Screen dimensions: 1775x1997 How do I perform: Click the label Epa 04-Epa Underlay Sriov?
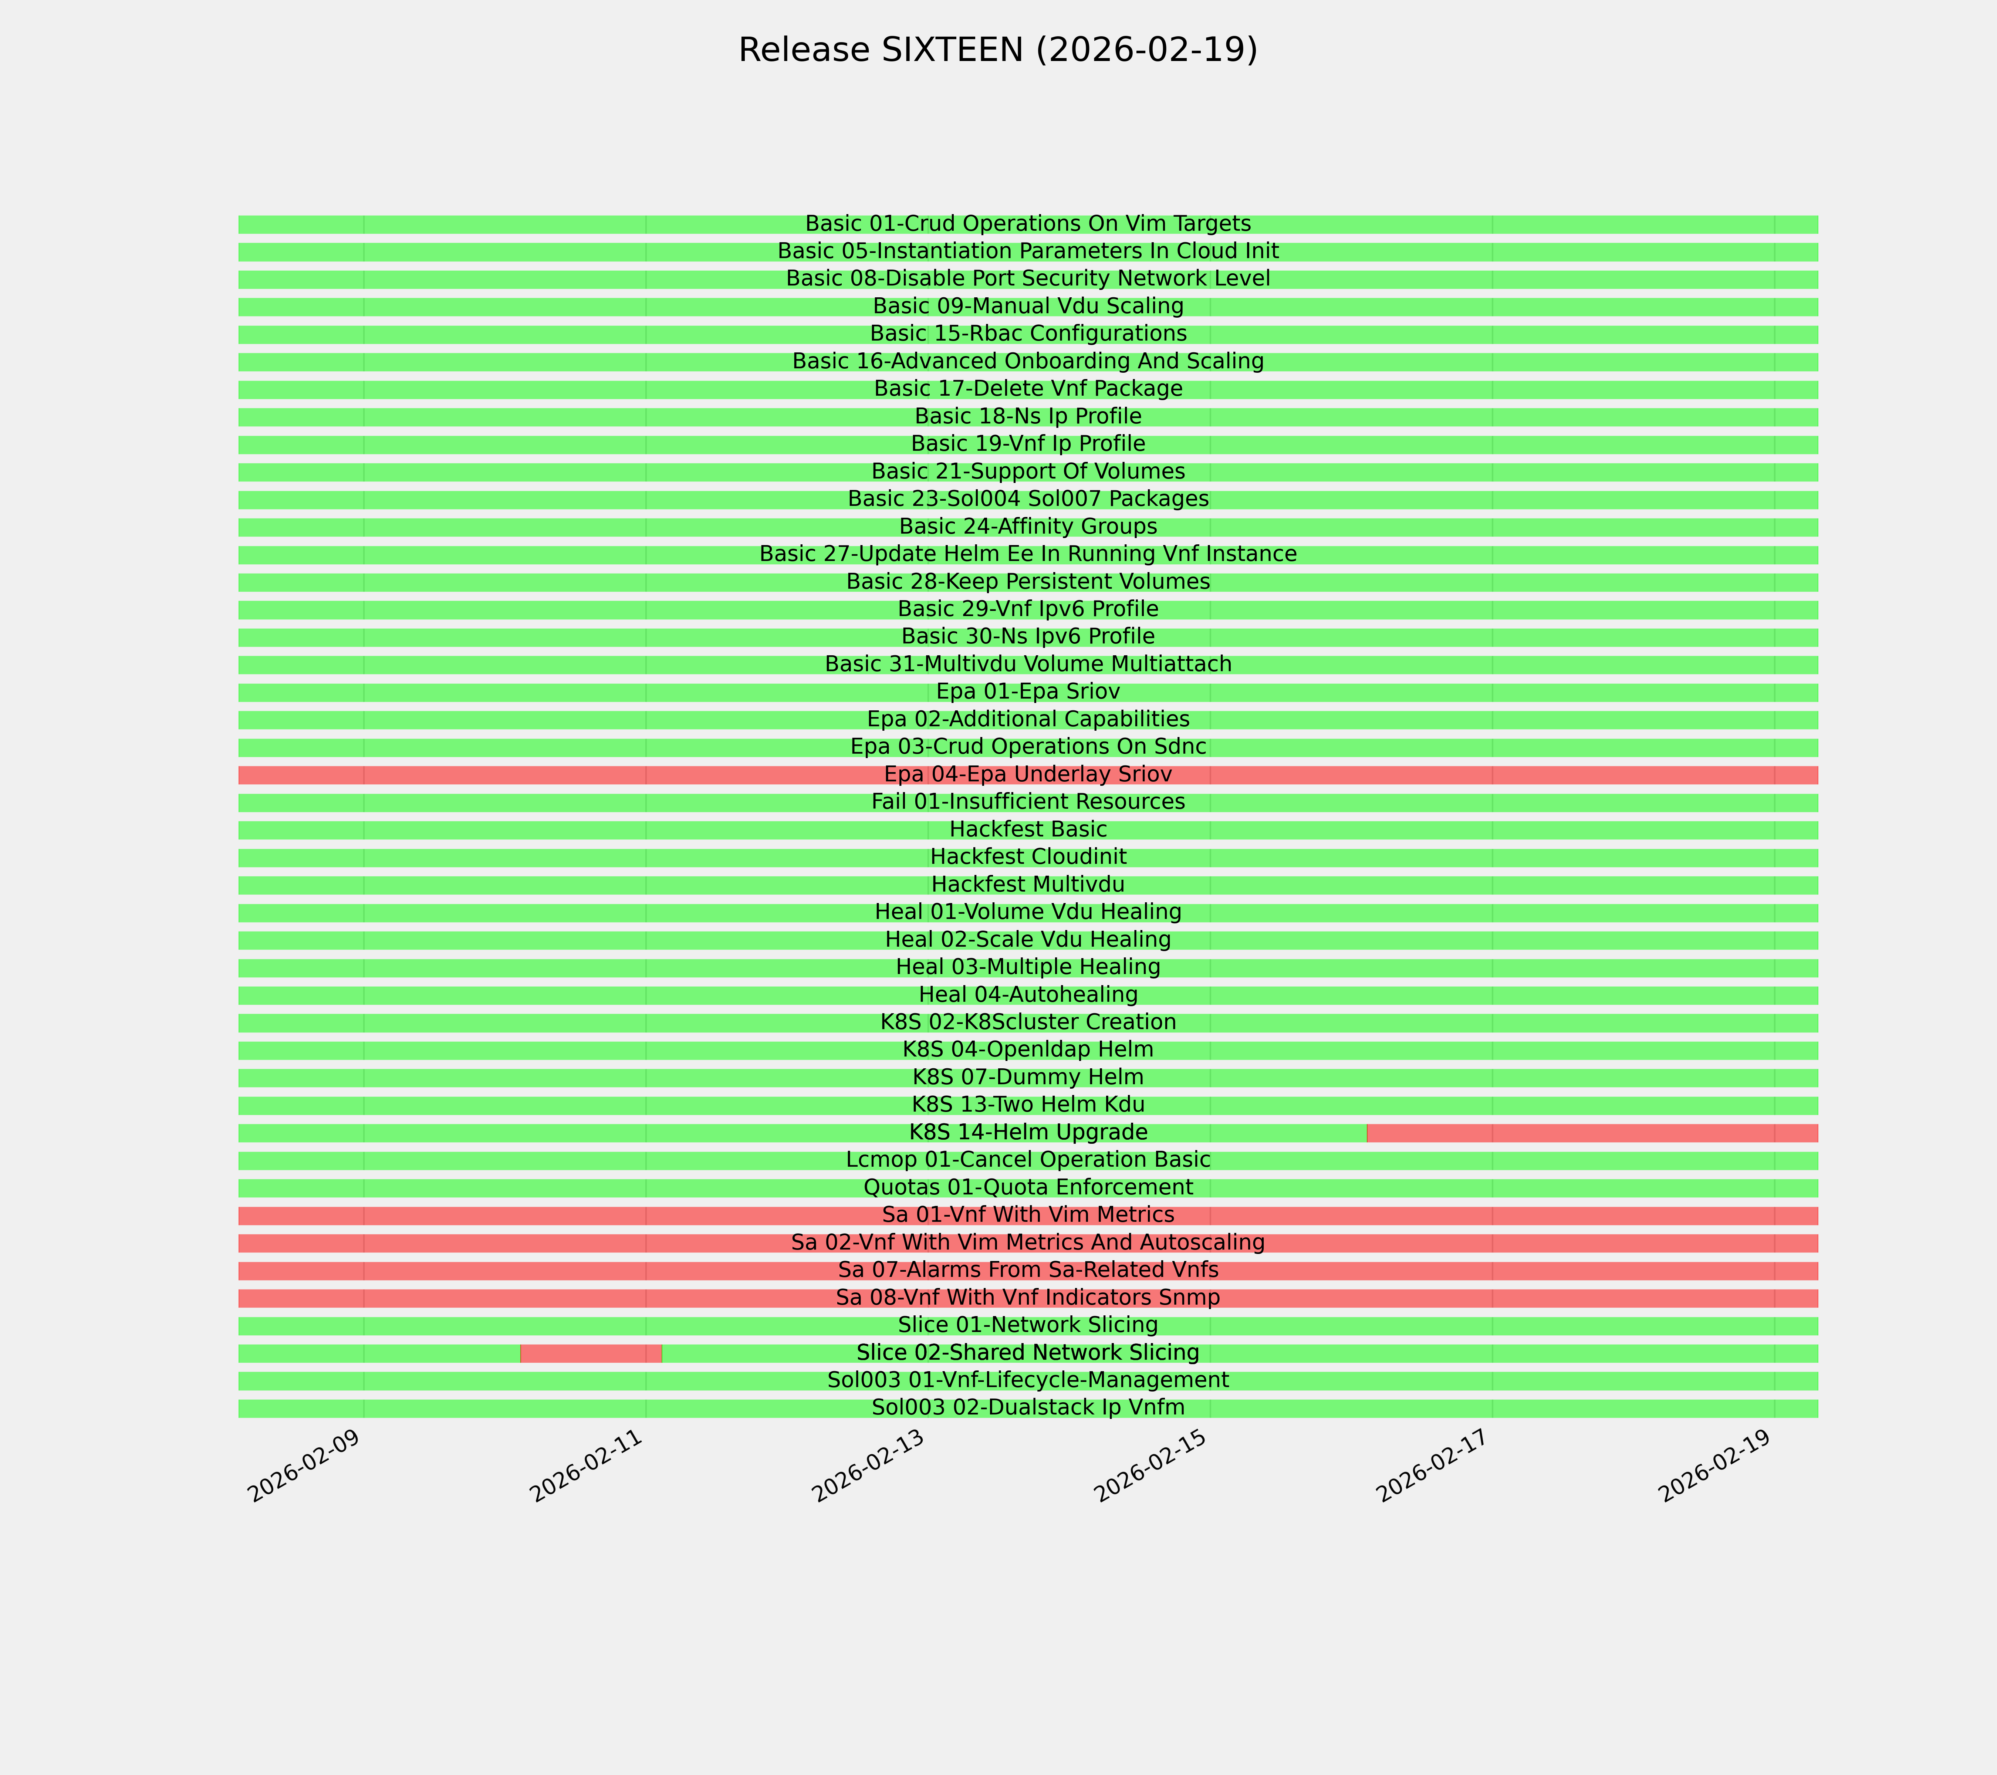click(1028, 775)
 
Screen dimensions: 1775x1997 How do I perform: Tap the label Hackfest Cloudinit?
click(1028, 857)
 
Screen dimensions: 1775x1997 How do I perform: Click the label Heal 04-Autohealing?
click(1028, 994)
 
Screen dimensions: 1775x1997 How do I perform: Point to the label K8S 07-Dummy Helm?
click(1028, 1078)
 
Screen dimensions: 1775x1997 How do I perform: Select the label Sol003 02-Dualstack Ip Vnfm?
click(1028, 1408)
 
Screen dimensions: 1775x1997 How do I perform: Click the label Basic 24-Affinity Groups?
click(1028, 527)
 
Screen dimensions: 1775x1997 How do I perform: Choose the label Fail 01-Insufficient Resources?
click(1028, 802)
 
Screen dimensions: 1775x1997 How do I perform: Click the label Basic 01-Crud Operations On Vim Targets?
click(1028, 224)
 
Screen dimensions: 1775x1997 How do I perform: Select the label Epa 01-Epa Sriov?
click(1028, 692)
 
